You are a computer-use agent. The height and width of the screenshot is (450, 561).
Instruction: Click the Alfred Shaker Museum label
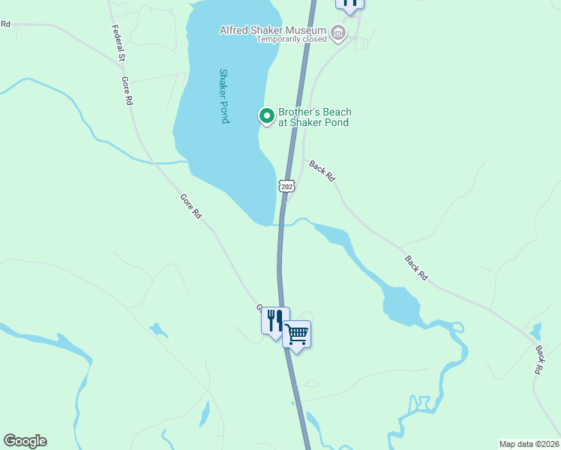[273, 30]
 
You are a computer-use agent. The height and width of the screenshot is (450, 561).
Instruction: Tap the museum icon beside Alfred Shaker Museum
[338, 32]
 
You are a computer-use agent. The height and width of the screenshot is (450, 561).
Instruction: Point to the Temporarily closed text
[292, 39]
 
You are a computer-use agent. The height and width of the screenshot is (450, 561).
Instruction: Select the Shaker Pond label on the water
[223, 96]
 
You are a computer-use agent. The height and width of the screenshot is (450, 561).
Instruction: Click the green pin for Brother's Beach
[265, 115]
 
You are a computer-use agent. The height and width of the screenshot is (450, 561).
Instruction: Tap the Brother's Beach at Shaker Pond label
[314, 117]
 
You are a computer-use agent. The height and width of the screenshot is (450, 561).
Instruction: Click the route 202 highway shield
[286, 185]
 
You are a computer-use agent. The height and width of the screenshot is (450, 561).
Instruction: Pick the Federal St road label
[118, 43]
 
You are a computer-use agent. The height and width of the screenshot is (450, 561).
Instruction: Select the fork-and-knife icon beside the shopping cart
[274, 320]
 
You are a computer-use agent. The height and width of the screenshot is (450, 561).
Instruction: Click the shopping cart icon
[297, 334]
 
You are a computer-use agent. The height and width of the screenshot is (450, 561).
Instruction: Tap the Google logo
[25, 441]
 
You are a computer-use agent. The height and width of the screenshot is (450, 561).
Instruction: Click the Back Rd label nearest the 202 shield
[322, 171]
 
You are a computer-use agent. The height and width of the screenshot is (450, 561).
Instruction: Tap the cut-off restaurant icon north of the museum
[349, 4]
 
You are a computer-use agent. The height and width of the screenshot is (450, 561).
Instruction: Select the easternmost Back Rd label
[538, 359]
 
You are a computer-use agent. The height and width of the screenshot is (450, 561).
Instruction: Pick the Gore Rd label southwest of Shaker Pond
[191, 206]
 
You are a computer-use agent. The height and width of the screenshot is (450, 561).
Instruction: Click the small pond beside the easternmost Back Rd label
[535, 331]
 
